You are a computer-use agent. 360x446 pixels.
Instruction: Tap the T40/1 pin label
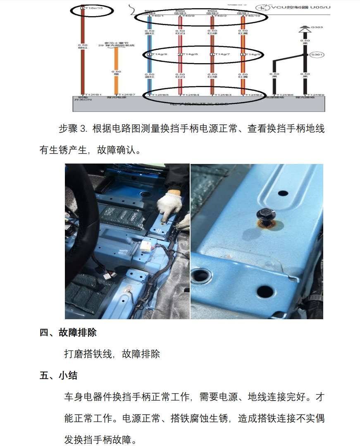157,16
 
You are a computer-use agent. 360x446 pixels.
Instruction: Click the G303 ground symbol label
317,27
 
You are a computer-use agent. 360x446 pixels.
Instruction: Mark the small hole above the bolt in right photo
283,193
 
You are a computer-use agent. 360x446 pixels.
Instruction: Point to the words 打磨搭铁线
86,354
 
